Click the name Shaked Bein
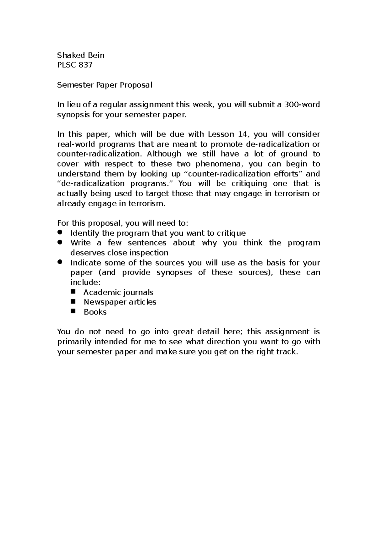81,56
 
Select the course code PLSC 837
75,65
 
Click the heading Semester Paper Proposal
105,85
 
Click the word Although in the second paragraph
164,154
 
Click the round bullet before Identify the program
60,232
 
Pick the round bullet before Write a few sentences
60,242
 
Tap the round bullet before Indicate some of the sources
60,262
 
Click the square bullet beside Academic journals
74,292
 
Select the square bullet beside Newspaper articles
74,301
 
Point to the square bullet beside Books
74,311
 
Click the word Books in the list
95,312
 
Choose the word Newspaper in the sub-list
102,302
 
